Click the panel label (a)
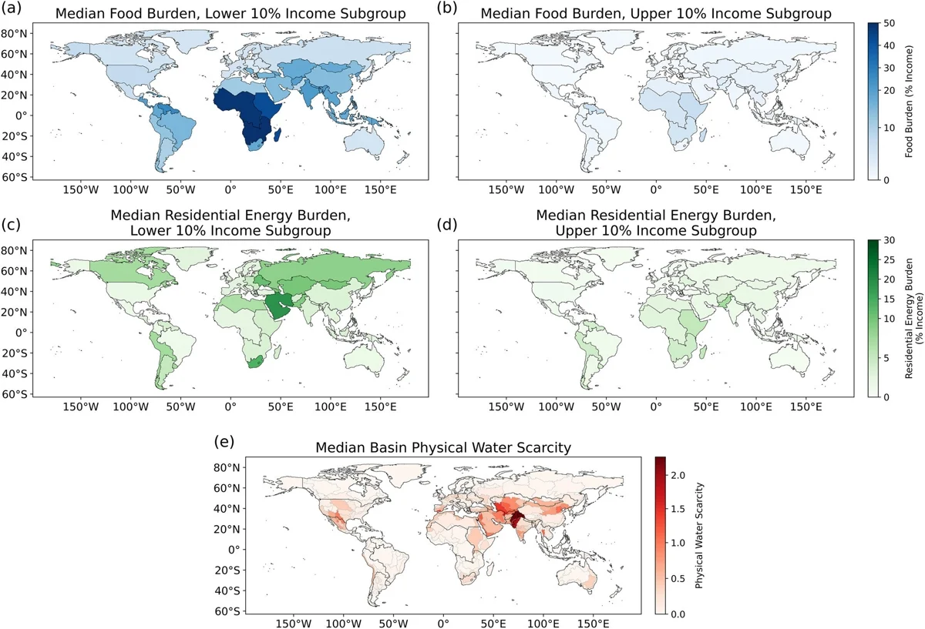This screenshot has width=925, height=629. pyautogui.click(x=11, y=8)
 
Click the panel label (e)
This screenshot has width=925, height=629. pyautogui.click(x=224, y=442)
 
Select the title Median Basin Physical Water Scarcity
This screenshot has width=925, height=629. pyautogui.click(x=443, y=447)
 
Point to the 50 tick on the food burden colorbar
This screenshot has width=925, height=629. pyautogui.click(x=889, y=24)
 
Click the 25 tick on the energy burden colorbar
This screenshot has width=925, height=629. pyautogui.click(x=889, y=260)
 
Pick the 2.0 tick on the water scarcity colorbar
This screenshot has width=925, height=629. pyautogui.click(x=678, y=476)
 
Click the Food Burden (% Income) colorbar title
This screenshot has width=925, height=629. pyautogui.click(x=909, y=102)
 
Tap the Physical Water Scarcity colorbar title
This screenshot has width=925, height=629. pyautogui.click(x=698, y=535)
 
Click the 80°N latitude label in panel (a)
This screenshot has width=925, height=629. pyautogui.click(x=14, y=34)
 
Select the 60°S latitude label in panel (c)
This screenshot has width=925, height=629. pyautogui.click(x=14, y=394)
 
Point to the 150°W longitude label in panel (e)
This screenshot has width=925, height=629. pyautogui.click(x=294, y=623)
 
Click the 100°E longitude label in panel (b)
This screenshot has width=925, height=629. pyautogui.click(x=755, y=189)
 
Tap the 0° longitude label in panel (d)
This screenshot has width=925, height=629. pyautogui.click(x=656, y=407)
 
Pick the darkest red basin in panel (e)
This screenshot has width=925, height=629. pyautogui.click(x=516, y=520)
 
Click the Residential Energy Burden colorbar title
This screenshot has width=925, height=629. pyautogui.click(x=913, y=318)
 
